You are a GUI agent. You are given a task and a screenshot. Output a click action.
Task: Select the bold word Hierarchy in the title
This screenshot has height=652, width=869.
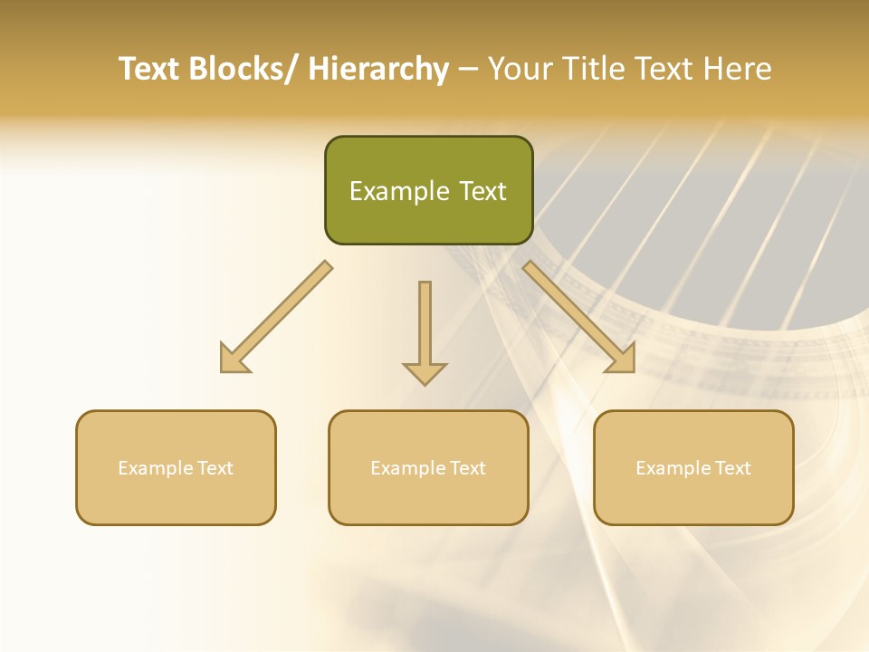pyautogui.click(x=378, y=70)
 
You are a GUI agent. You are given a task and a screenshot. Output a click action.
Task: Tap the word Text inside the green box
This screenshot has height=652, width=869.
pyautogui.click(x=482, y=191)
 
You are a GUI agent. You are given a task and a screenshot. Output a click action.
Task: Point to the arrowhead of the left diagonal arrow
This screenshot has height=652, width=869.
pyautogui.click(x=233, y=360)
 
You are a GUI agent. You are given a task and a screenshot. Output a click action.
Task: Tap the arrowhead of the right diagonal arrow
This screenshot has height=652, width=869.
pyautogui.click(x=622, y=360)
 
